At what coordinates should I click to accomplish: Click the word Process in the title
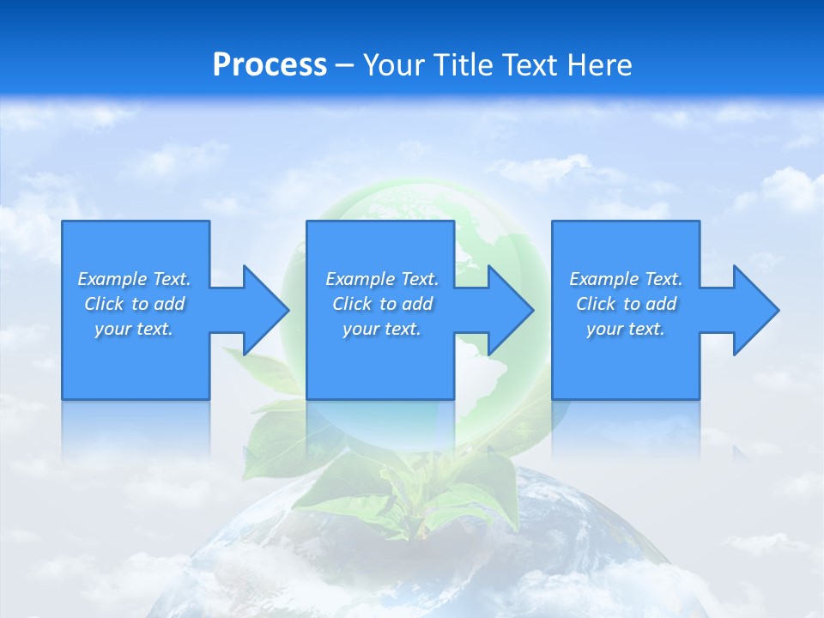tap(270, 65)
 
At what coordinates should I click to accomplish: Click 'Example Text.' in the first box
tap(134, 279)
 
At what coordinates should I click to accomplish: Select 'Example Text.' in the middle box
tap(382, 279)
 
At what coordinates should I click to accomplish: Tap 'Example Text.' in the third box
tap(626, 279)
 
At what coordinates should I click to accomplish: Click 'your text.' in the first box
tap(134, 329)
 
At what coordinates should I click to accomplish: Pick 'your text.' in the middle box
tap(382, 329)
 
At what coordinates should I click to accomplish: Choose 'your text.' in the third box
tap(626, 329)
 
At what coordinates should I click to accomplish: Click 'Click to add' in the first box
tap(134, 304)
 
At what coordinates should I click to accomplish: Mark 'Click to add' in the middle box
tap(382, 304)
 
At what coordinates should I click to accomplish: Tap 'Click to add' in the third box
tap(626, 304)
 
